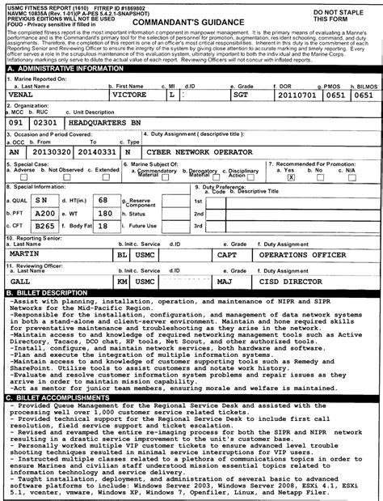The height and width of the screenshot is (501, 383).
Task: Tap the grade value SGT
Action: (263, 94)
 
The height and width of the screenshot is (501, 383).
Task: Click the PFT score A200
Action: (45, 213)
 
